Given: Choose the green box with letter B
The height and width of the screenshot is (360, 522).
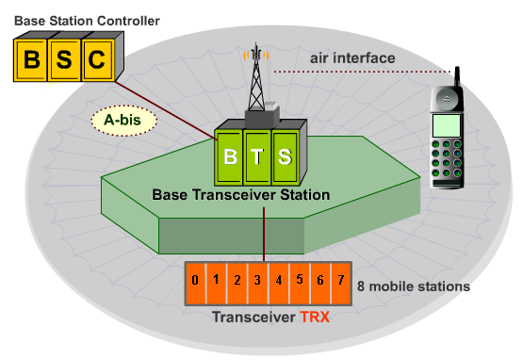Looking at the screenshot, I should coord(229,155).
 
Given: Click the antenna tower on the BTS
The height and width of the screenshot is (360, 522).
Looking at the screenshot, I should coord(253,80).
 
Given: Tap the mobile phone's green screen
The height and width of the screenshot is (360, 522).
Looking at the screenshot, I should coord(447,124).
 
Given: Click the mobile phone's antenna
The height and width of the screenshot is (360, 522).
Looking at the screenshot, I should coord(457,75).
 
